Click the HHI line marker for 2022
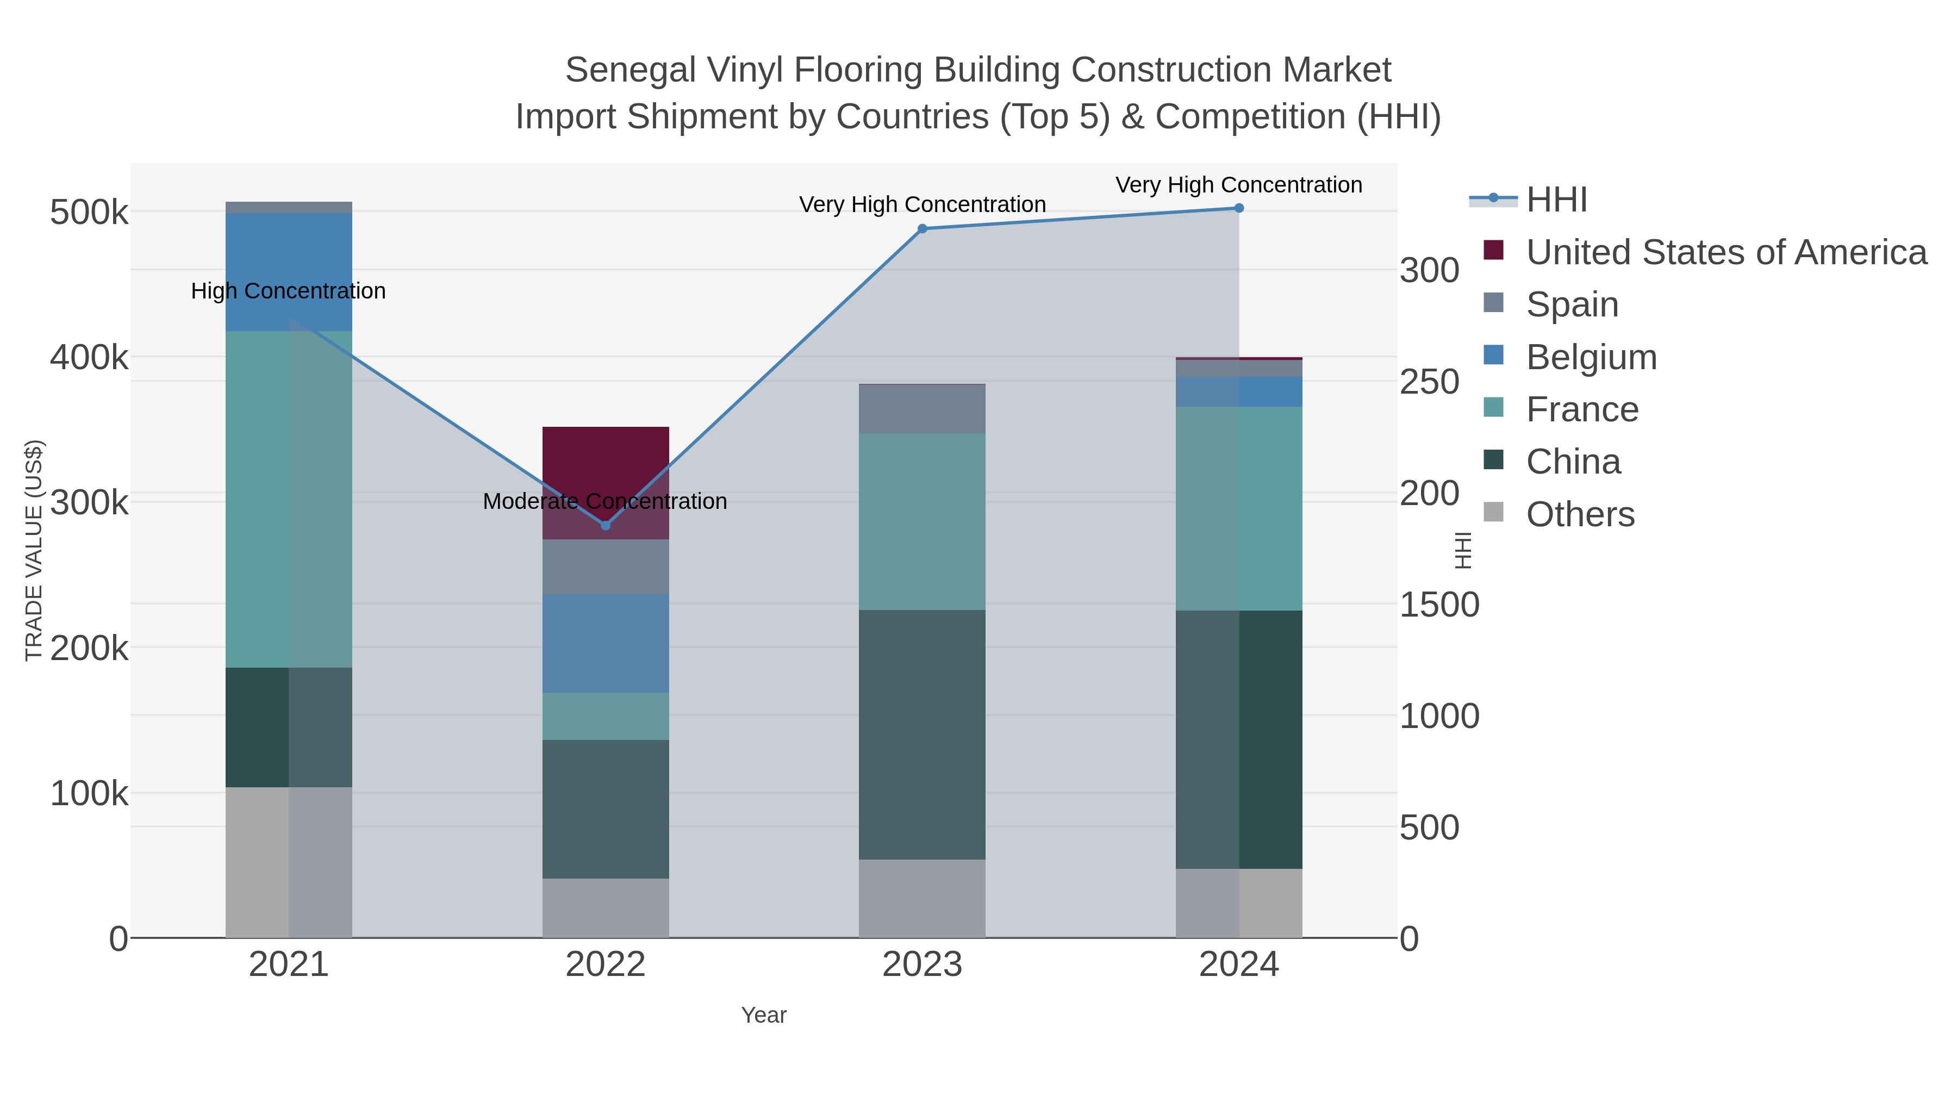[x=606, y=525]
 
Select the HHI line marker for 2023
[x=923, y=229]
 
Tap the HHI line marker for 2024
[x=1238, y=208]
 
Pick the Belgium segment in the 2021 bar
[x=289, y=271]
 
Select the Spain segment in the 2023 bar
[x=923, y=409]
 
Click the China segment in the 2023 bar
[x=923, y=734]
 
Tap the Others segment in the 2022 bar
[x=606, y=907]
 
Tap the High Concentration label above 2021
[x=288, y=291]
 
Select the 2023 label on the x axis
[x=923, y=965]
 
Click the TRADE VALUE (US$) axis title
[x=34, y=550]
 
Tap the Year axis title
[x=764, y=1015]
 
